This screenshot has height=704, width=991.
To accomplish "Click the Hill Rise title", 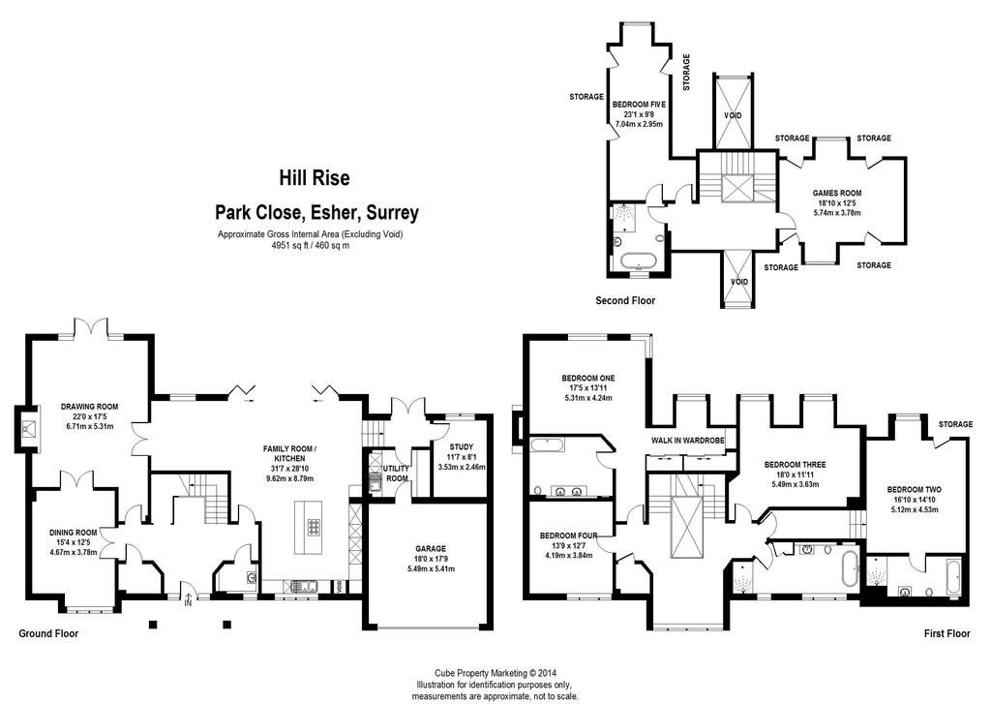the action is pos(315,178).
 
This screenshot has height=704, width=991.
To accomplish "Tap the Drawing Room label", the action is pos(89,407).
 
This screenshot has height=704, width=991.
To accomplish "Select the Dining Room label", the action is pos(74,533).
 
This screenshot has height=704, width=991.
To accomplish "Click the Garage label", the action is pos(431,548).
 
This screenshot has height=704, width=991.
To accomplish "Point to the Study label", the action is pos(462,447).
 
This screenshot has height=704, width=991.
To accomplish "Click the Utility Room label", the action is pos(396,474).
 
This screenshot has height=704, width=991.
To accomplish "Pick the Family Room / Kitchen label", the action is pos(289,453).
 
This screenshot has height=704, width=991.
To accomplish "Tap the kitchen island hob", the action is pos(315,526).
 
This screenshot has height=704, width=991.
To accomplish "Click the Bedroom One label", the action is pos(587,379).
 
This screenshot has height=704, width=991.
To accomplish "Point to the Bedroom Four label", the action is pos(569,536).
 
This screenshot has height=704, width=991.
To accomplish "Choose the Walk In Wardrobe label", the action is pos(688,441).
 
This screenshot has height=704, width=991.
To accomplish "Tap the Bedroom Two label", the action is pos(914,490).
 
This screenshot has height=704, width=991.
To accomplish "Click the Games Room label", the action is pos(837,193).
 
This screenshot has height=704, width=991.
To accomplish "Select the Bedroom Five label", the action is pos(639,105).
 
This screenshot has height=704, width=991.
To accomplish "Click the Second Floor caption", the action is pos(625,300).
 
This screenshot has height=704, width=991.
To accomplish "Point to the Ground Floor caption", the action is pos(48,633).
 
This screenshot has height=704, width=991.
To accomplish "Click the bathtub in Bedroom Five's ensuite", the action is pos(639,261).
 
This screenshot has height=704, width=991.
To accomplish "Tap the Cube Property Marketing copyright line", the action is pos(495,674).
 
